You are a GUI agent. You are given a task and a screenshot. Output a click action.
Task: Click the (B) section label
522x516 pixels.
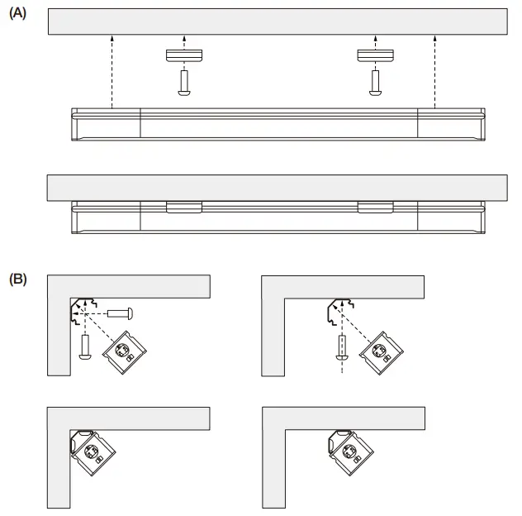pyautogui.click(x=17, y=279)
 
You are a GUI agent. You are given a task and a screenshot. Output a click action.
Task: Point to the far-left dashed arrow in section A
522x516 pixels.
pyautogui.click(x=111, y=70)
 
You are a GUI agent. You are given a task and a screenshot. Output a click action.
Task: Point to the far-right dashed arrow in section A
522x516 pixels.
pyautogui.click(x=434, y=70)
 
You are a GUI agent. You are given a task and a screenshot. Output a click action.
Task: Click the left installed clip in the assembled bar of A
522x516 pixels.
pyautogui.click(x=183, y=207)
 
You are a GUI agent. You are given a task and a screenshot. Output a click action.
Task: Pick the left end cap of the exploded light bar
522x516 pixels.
pyautogui.click(x=106, y=123)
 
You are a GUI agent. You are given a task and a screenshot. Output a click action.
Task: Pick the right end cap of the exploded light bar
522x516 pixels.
pyautogui.click(x=449, y=123)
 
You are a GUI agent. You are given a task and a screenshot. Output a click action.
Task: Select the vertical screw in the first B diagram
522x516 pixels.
pyautogui.click(x=84, y=346)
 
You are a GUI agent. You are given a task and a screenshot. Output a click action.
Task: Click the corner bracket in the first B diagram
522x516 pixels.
pyautogui.click(x=81, y=311)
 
